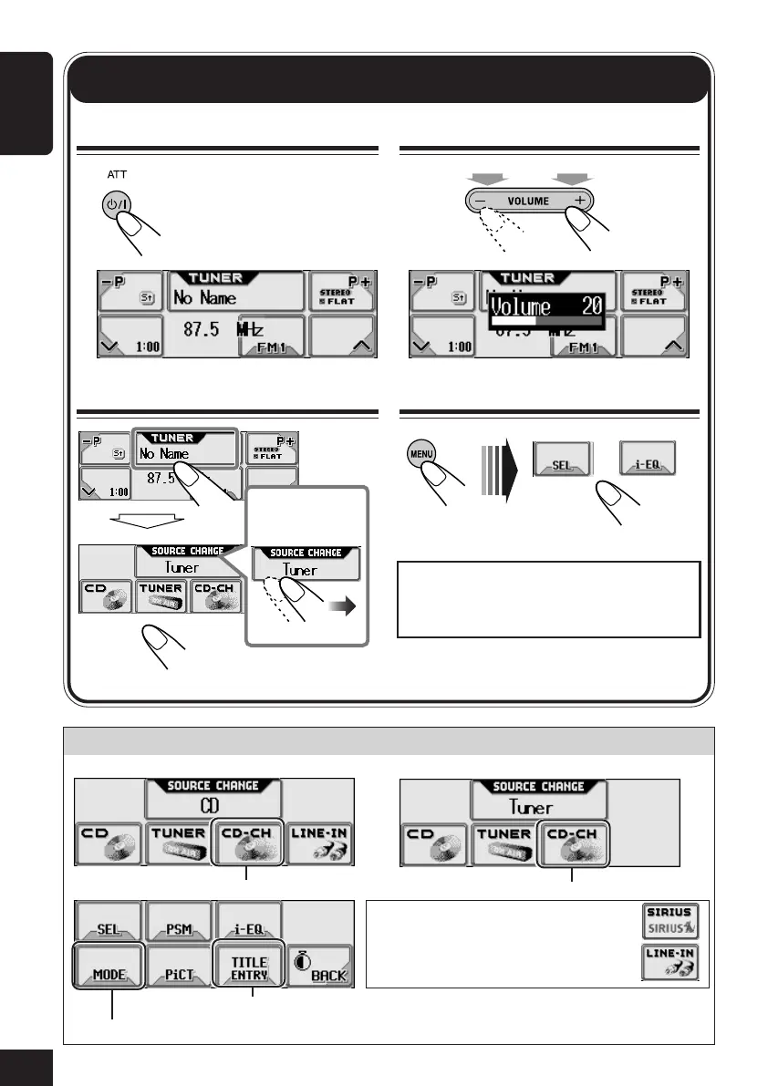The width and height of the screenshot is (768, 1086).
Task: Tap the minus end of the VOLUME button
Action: coord(480,202)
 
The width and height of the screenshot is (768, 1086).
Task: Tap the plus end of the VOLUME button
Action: coord(579,202)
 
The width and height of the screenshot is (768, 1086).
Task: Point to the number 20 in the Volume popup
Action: coord(592,305)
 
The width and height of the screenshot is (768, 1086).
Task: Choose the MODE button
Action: coord(108,963)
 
